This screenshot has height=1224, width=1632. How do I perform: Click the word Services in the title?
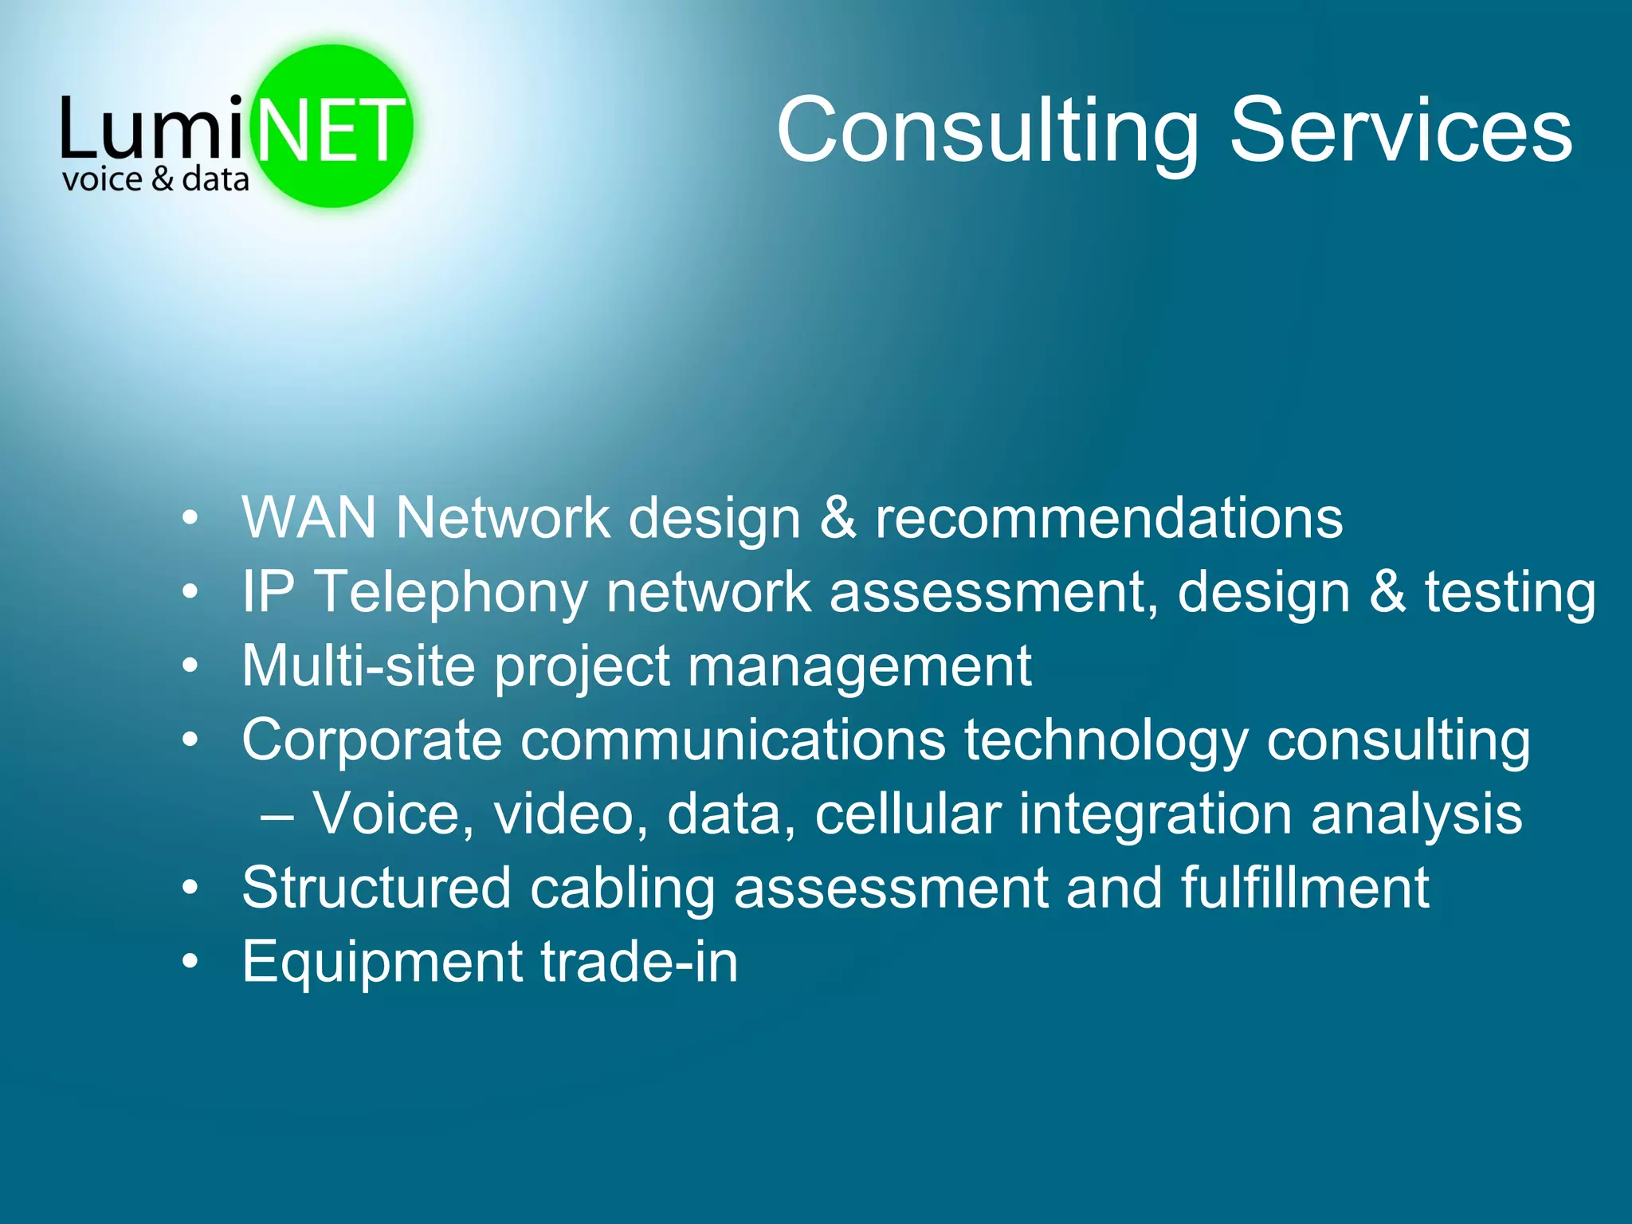click(x=1400, y=131)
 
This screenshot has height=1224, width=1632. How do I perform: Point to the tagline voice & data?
click(x=155, y=180)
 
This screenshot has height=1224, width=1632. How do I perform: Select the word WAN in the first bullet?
click(x=309, y=518)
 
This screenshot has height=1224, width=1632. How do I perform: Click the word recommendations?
click(x=1108, y=518)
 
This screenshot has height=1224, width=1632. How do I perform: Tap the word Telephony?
click(x=451, y=593)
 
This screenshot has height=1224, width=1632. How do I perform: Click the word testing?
click(x=1510, y=593)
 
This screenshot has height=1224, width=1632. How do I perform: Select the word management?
click(x=859, y=666)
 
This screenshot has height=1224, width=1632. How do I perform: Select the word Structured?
click(x=376, y=888)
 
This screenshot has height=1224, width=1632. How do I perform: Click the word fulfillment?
click(x=1304, y=888)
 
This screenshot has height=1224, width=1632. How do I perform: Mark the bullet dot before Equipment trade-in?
click(x=189, y=962)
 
